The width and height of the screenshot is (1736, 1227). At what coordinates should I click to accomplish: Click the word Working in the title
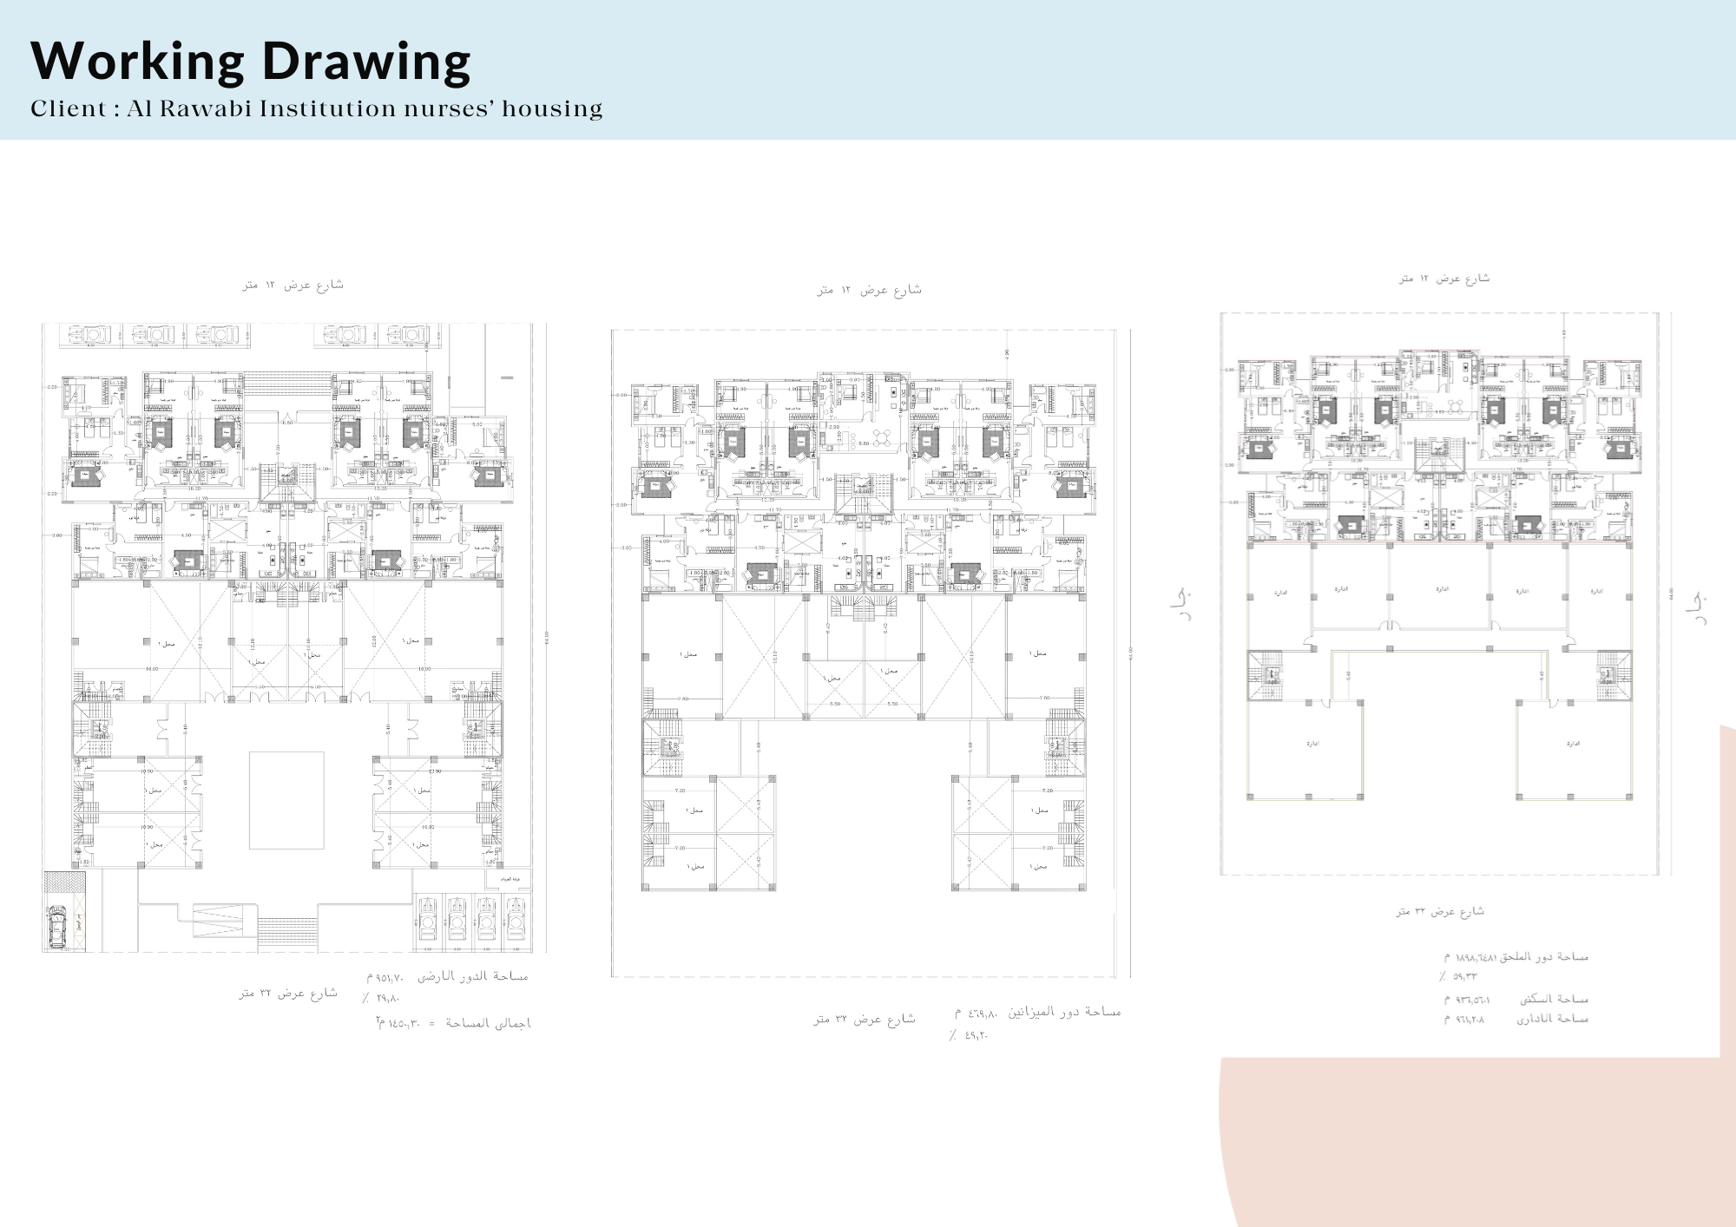(x=138, y=62)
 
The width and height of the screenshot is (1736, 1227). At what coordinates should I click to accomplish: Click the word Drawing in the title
(x=365, y=62)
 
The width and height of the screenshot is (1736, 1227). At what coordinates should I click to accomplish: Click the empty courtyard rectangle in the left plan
(x=286, y=800)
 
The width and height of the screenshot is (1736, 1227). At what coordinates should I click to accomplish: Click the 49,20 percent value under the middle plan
(x=969, y=1034)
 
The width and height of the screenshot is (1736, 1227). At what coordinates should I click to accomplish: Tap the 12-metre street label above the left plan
(x=293, y=285)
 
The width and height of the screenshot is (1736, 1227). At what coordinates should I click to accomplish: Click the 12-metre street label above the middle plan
(x=869, y=290)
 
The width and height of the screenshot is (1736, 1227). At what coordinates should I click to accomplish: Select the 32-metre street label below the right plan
(x=1440, y=911)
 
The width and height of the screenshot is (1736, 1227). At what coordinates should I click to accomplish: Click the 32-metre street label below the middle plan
(x=865, y=1019)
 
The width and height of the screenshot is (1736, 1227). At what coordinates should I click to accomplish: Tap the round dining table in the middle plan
(x=883, y=436)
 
